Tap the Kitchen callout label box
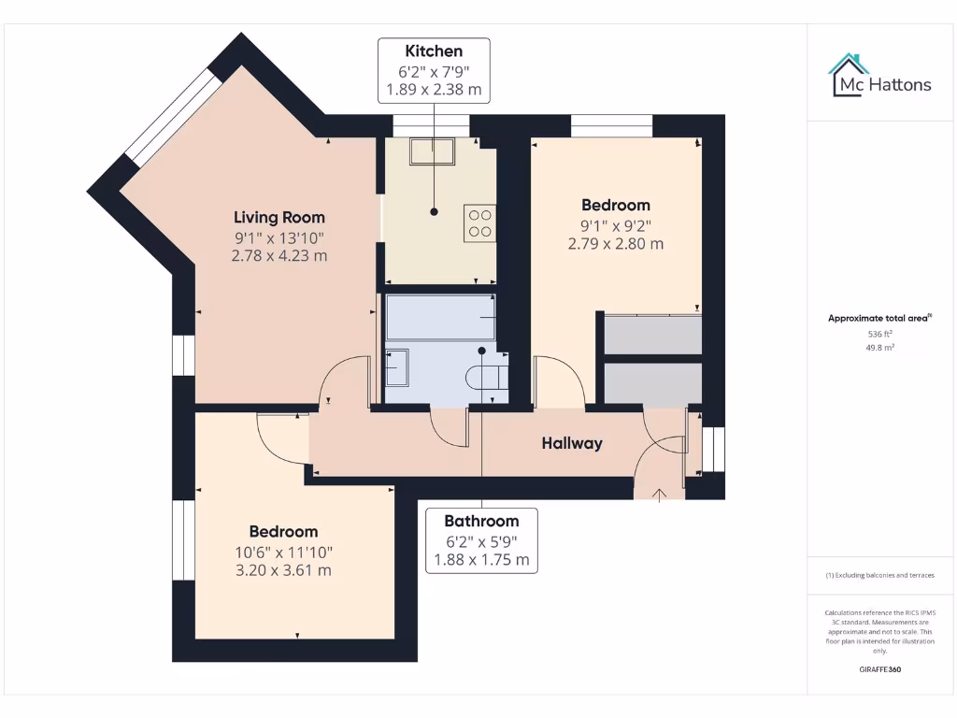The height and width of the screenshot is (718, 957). tap(434, 70)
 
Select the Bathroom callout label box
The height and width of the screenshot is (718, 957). tap(481, 540)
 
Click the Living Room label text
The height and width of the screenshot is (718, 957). tap(279, 217)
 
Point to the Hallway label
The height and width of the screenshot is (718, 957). tap(572, 443)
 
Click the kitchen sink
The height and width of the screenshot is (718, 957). tap(433, 151)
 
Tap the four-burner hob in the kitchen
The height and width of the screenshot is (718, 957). tap(480, 222)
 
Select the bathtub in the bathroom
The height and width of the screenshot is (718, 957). tap(440, 318)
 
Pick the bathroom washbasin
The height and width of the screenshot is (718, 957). tap(396, 366)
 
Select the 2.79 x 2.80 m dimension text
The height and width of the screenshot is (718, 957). tap(615, 244)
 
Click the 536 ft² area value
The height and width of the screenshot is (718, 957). tap(880, 334)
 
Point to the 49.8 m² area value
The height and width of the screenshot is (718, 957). tap(880, 347)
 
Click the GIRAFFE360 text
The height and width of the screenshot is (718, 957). tap(880, 669)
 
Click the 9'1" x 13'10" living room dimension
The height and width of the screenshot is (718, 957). tap(279, 238)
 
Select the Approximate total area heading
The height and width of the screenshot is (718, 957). tap(878, 319)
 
